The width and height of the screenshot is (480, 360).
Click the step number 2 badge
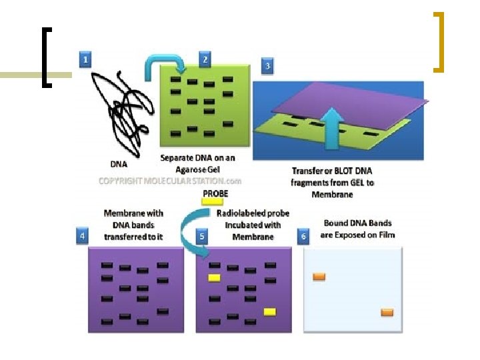pos(205,59)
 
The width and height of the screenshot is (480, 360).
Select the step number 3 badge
pos(267,66)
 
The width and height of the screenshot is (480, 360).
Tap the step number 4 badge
pos(81,236)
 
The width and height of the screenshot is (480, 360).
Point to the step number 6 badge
pos(303,236)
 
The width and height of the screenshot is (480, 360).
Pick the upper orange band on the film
pos(319,276)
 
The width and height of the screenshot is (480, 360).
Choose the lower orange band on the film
pos(387,312)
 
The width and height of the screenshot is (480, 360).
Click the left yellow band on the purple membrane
pos(215,277)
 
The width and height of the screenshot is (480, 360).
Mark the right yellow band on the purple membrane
pos(270,311)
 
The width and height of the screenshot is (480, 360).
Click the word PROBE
pos(215,193)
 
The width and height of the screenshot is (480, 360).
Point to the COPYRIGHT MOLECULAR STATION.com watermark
pos(170,181)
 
